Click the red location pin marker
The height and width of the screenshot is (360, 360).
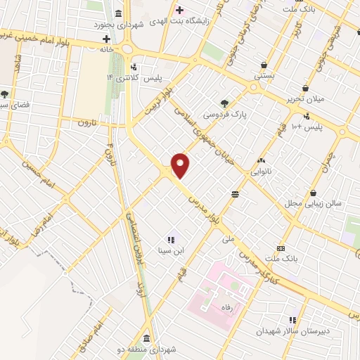[181, 165]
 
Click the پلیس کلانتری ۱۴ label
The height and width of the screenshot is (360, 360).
[127, 76]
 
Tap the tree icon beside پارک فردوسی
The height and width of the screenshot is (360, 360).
[224, 102]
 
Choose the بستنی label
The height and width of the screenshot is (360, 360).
[264, 73]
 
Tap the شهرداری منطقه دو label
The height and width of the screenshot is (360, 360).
[155, 348]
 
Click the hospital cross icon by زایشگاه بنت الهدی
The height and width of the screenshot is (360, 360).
[180, 11]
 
